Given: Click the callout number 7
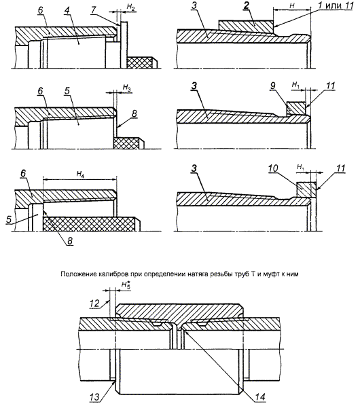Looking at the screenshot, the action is point(94,10).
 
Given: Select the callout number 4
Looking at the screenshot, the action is point(67,10).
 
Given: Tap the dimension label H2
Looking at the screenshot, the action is point(130,7).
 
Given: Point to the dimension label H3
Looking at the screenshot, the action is point(126,88).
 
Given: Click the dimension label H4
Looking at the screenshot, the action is point(80,174).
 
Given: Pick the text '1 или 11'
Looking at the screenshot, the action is point(336,5).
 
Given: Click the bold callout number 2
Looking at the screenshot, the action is point(245,6).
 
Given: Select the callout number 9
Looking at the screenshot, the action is point(272,86).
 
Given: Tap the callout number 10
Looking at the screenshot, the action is point(273,169).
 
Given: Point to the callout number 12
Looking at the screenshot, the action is point(94,303).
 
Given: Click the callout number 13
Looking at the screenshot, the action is point(95,397).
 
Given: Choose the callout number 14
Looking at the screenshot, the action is point(261,397).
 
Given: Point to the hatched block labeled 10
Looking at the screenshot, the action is point(306,190).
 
